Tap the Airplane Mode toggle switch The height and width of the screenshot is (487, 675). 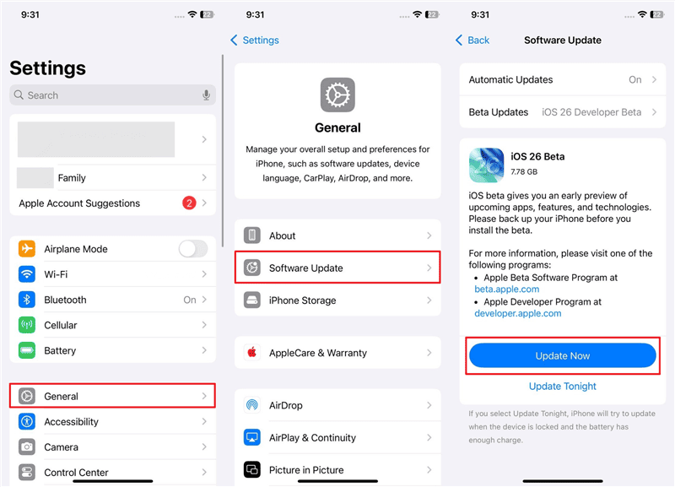(x=192, y=249)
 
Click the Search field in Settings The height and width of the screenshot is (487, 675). (x=101, y=95)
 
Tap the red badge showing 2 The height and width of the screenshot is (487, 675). (x=189, y=203)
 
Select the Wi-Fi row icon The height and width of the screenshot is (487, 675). (x=27, y=274)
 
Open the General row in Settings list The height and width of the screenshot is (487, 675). (x=112, y=396)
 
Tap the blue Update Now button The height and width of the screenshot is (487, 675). (x=562, y=356)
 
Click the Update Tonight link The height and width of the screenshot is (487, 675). (x=562, y=387)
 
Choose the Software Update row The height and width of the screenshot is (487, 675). (x=337, y=268)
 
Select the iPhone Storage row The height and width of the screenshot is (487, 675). (x=337, y=300)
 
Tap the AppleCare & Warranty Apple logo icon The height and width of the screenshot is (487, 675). (x=251, y=353)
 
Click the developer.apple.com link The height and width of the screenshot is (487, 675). (x=517, y=313)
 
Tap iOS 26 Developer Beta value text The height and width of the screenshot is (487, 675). (x=591, y=112)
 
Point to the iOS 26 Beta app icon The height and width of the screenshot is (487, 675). (x=487, y=165)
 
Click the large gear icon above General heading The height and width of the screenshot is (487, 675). (x=337, y=95)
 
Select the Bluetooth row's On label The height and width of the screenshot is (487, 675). (x=190, y=300)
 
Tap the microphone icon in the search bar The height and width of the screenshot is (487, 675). (x=206, y=95)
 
